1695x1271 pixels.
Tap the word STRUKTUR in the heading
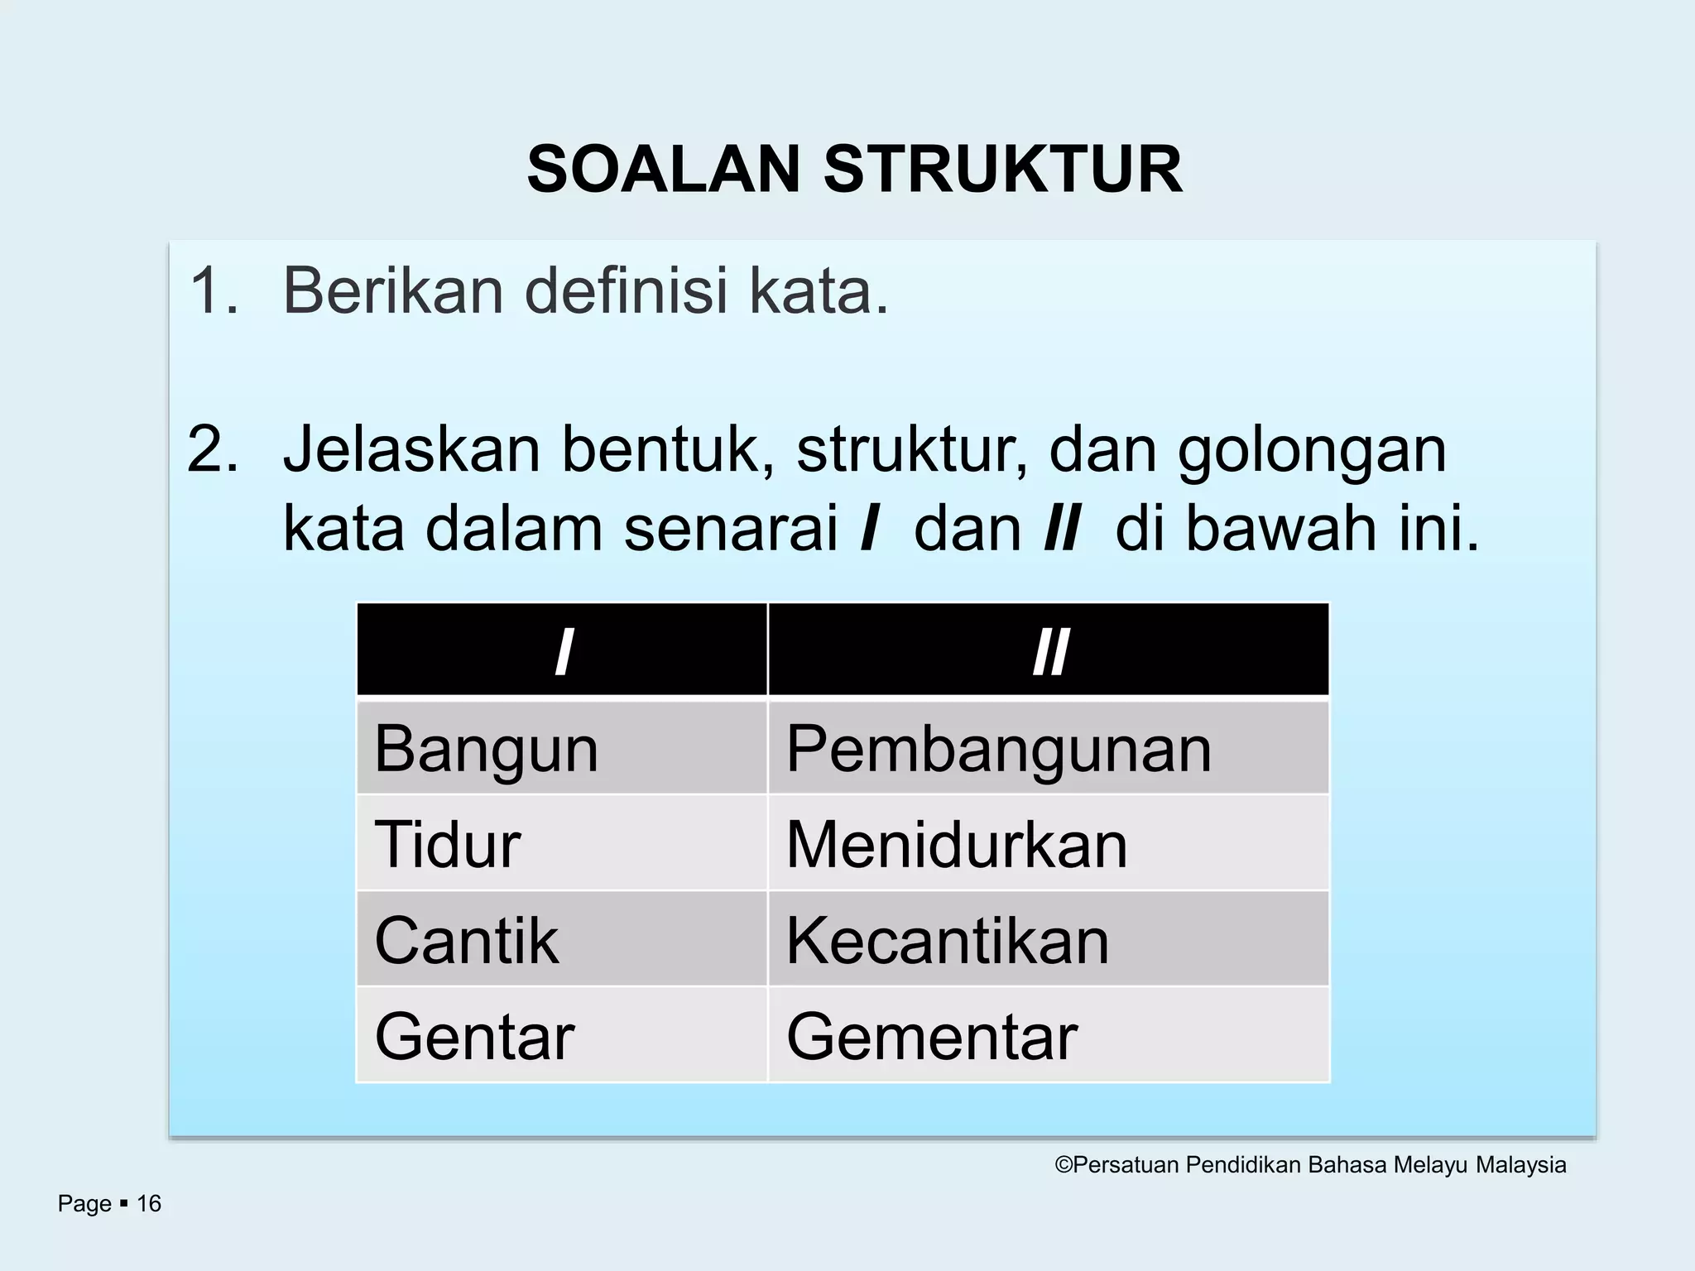click(1002, 170)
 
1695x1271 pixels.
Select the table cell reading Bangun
click(561, 748)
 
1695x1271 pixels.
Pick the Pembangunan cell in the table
click(1048, 748)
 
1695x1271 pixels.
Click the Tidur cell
click(561, 844)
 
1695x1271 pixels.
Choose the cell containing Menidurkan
click(1048, 844)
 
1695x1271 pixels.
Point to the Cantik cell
click(561, 940)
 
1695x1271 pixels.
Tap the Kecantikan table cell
click(1048, 940)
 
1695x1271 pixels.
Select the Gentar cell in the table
click(561, 1036)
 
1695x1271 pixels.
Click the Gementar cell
click(1048, 1036)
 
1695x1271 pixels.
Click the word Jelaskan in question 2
click(411, 450)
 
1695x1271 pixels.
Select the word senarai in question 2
click(732, 529)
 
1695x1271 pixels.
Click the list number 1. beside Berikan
click(214, 291)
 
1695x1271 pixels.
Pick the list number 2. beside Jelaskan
click(214, 450)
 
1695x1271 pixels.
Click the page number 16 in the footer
click(149, 1203)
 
